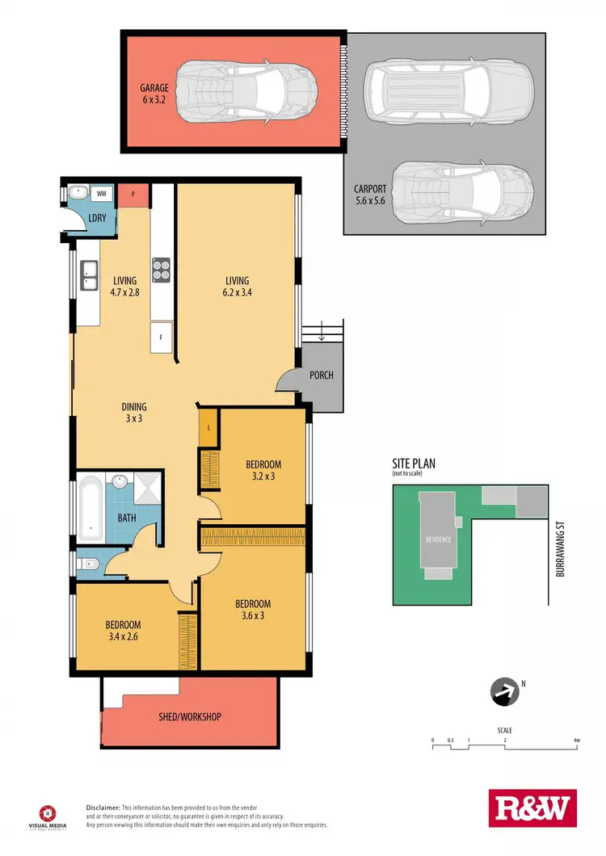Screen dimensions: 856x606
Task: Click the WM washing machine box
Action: pyautogui.click(x=102, y=194)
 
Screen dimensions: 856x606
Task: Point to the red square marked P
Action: pyautogui.click(x=133, y=194)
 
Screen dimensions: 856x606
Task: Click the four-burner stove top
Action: pyautogui.click(x=161, y=268)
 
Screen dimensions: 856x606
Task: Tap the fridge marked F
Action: pyautogui.click(x=161, y=338)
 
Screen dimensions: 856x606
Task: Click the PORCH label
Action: pyautogui.click(x=321, y=376)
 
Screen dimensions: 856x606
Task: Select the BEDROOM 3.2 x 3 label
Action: pyautogui.click(x=263, y=470)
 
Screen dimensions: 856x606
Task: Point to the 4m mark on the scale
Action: pyautogui.click(x=576, y=741)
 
